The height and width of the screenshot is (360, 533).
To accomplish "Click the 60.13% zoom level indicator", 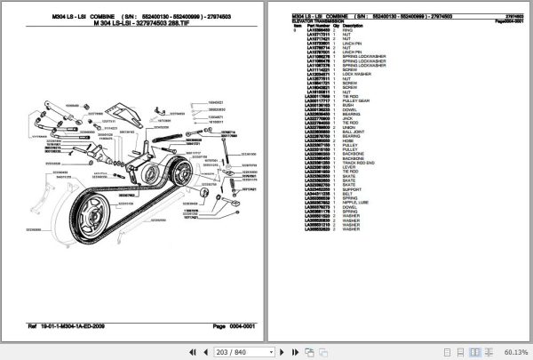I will (515, 351).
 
